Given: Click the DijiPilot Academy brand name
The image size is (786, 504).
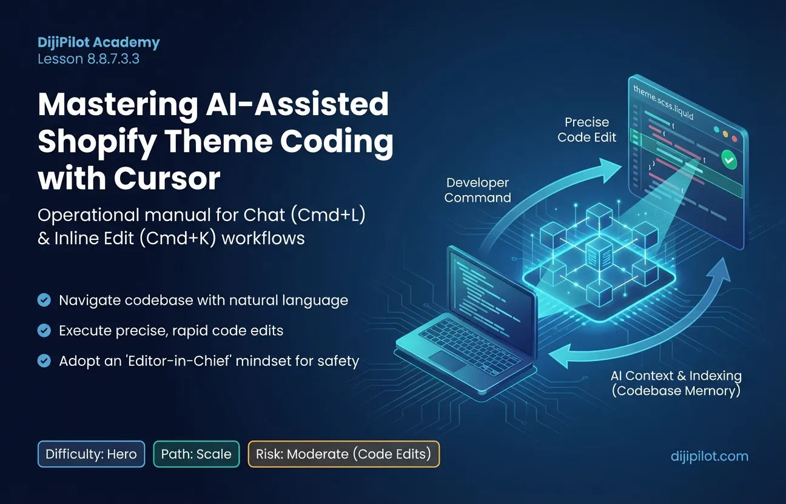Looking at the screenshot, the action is point(99,42).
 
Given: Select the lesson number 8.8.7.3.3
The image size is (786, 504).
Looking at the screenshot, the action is point(113,59).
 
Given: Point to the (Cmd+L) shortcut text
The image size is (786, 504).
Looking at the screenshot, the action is point(328,215).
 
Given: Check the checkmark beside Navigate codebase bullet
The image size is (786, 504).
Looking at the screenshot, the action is point(44,300).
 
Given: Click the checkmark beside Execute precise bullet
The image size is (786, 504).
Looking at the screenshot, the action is point(44,330).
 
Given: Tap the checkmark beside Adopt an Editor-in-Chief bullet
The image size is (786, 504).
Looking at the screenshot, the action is point(44,360).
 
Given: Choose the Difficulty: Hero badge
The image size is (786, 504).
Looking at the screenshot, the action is point(91,454).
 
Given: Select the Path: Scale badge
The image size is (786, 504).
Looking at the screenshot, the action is point(196,454).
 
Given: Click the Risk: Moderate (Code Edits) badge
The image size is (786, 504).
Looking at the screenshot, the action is point(343,454).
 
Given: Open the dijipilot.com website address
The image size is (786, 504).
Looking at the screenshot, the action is point(709,456).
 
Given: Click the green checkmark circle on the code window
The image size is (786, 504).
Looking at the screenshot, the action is point(729,160).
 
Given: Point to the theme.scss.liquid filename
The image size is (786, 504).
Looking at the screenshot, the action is point(663,103).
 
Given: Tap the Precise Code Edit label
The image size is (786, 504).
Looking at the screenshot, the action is point(586,130).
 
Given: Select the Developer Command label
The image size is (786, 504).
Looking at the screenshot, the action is point(477,190).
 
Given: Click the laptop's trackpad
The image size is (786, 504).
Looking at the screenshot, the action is point(448,360).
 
